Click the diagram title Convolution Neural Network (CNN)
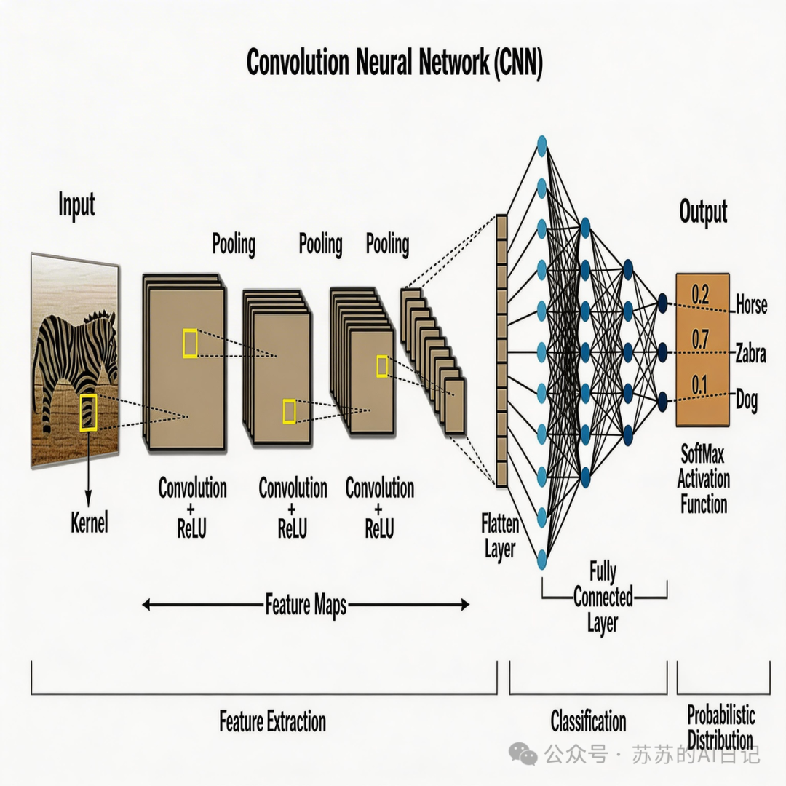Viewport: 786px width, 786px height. [x=394, y=63]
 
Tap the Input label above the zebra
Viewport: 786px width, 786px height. [x=76, y=205]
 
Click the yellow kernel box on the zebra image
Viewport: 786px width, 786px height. [x=88, y=412]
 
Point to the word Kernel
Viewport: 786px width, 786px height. [x=90, y=522]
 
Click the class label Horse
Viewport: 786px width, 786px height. [x=751, y=303]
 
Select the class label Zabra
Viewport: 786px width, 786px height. [x=750, y=354]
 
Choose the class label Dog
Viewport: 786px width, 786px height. [x=747, y=400]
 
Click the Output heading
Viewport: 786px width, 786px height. [x=703, y=213]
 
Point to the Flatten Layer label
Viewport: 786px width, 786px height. [x=500, y=536]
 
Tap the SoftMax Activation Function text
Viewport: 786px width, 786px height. [x=704, y=479]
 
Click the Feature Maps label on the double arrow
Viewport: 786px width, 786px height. [x=306, y=604]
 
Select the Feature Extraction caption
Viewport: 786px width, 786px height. [x=273, y=722]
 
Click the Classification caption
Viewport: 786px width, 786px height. [x=588, y=721]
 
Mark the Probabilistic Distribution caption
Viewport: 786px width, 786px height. [x=720, y=728]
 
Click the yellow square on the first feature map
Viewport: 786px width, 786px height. [x=190, y=343]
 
